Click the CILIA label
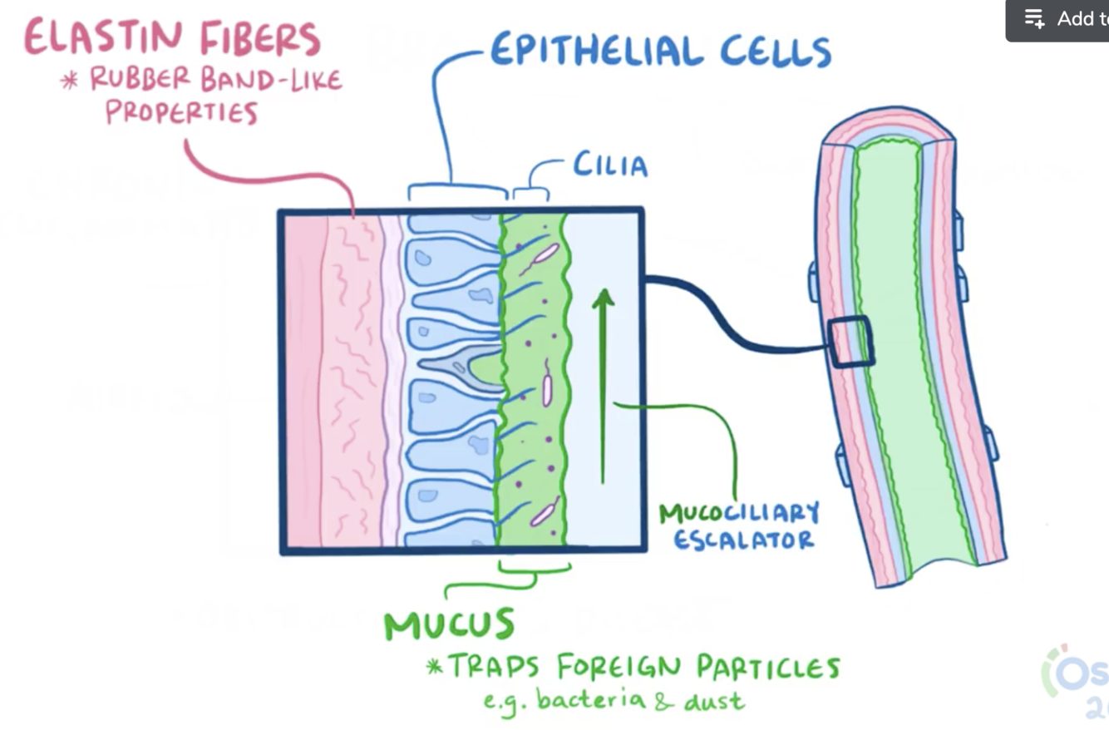click(x=609, y=165)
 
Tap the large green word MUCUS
click(x=449, y=624)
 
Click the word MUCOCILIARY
click(x=739, y=513)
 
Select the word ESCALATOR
click(x=743, y=540)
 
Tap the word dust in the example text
click(x=713, y=700)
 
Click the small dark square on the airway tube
click(x=850, y=340)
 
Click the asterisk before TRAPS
click(x=434, y=666)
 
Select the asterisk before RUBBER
click(x=70, y=81)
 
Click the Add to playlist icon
click(x=1034, y=18)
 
